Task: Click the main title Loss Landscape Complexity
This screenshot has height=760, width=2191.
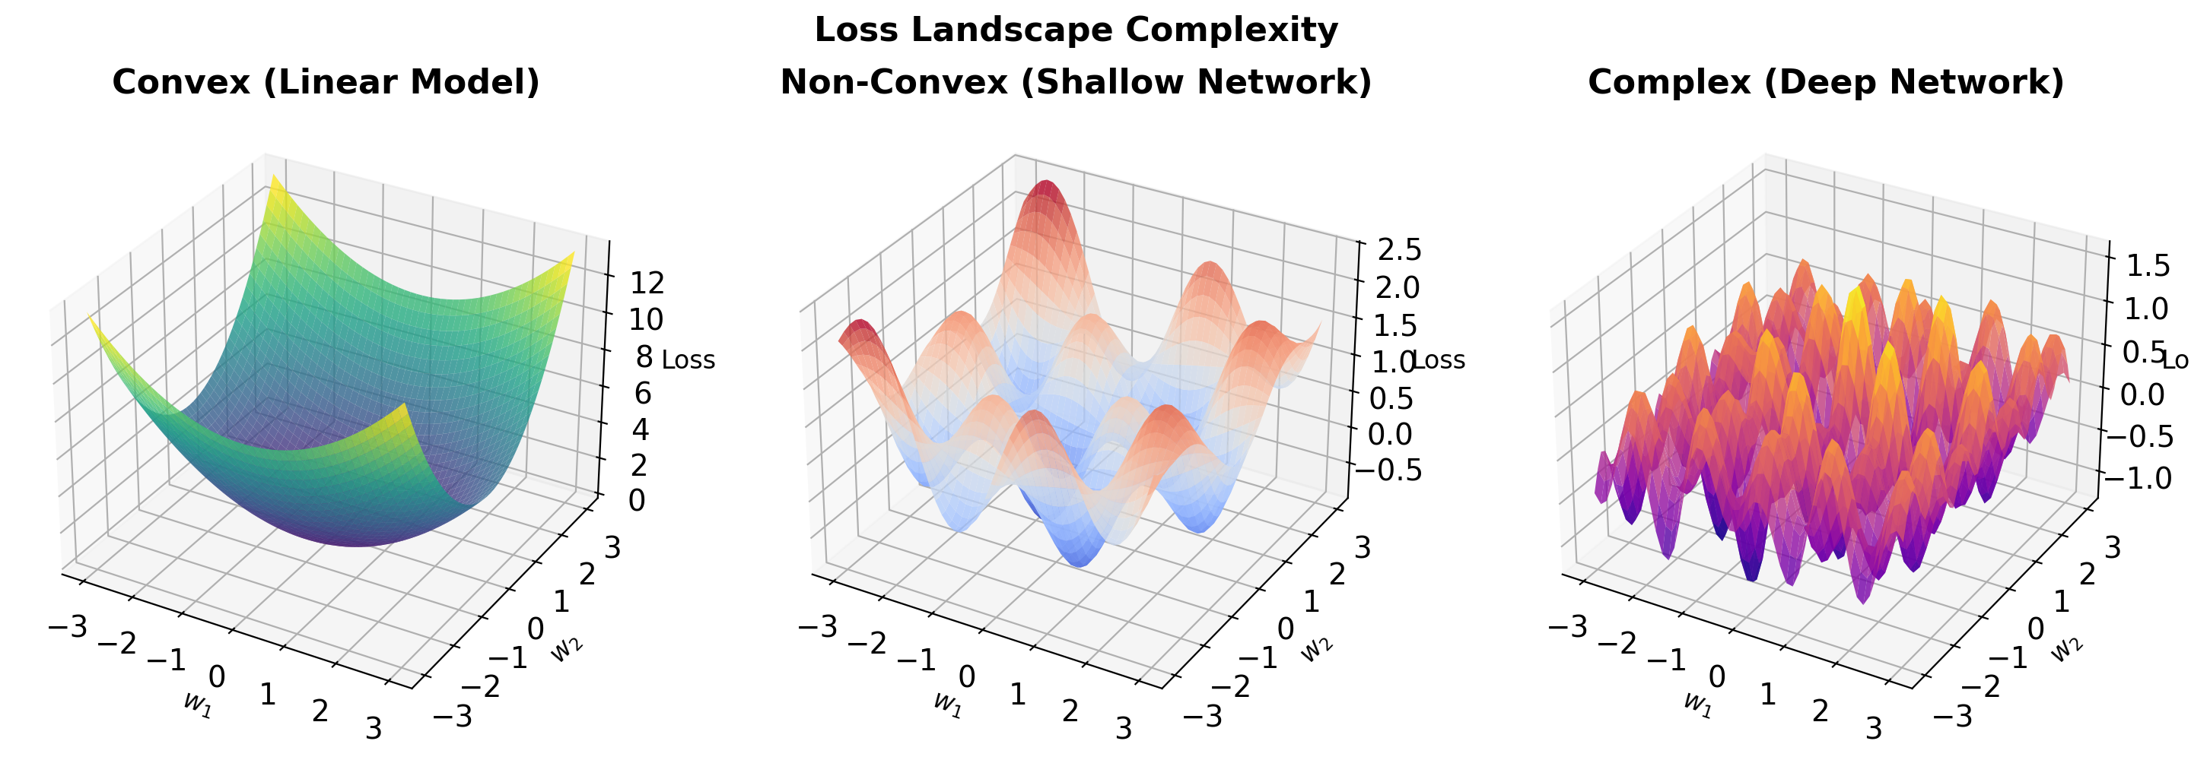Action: (x=1076, y=30)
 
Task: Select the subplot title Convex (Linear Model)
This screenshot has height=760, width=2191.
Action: (x=326, y=83)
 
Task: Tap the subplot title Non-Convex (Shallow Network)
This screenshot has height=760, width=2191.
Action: (x=1076, y=83)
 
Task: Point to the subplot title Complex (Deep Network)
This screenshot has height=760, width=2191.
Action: (x=1825, y=83)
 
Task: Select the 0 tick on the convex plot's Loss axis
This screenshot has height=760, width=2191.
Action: (x=636, y=501)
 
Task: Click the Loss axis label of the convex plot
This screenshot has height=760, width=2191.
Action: (x=688, y=359)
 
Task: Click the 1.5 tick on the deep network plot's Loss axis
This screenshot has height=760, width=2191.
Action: (x=2147, y=266)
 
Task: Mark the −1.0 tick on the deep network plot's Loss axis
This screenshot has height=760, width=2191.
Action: (x=2142, y=479)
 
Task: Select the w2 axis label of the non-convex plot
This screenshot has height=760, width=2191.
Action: (x=1316, y=648)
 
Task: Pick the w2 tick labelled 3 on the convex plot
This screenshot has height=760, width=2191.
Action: (x=612, y=548)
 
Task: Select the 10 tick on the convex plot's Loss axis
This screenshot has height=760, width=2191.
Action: (x=647, y=320)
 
